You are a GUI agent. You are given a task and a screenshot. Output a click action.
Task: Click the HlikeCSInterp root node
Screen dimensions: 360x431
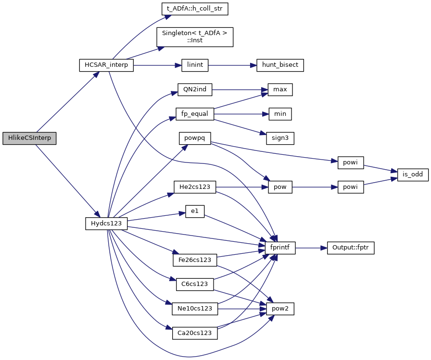click(x=29, y=138)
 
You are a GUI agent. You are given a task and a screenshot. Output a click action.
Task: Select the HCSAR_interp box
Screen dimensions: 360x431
click(x=106, y=65)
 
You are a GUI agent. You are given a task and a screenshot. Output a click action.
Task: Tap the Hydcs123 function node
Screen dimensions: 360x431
click(x=106, y=223)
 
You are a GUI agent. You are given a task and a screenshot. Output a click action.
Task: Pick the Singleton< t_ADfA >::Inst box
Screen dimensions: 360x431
click(x=195, y=37)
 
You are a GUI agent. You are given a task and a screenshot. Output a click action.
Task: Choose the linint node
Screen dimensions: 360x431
click(x=194, y=65)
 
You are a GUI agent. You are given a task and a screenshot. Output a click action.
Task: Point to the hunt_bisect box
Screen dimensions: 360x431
click(x=280, y=65)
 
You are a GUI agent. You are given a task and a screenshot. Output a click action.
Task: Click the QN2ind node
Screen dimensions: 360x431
click(x=195, y=89)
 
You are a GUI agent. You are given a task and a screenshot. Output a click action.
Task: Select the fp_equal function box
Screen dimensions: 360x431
click(x=195, y=114)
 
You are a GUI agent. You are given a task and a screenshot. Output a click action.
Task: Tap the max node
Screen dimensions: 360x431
click(x=277, y=89)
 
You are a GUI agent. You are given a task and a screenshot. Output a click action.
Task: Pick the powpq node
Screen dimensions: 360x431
click(x=195, y=138)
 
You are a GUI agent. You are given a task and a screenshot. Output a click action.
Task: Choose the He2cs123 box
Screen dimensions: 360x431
click(x=195, y=186)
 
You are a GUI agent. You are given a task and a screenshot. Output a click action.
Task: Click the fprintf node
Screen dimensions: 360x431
click(x=280, y=248)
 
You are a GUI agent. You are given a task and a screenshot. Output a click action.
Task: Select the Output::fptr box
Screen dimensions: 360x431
click(x=350, y=248)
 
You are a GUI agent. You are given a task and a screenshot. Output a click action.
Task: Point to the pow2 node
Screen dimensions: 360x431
click(x=280, y=309)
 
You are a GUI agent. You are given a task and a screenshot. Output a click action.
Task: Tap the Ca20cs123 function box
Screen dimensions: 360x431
click(x=195, y=333)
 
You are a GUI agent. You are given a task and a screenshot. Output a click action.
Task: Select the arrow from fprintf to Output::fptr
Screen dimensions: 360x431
click(x=311, y=248)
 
